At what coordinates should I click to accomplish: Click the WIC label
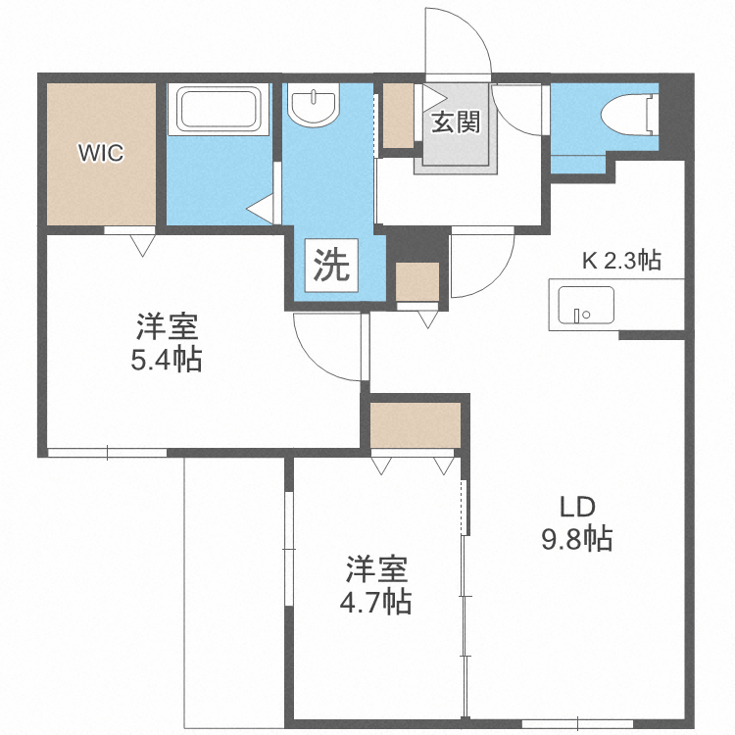point(103,152)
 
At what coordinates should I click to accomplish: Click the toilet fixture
point(631,116)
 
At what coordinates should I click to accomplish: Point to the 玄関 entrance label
point(455,123)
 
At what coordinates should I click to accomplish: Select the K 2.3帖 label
point(621,261)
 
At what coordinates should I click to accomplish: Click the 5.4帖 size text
point(167,361)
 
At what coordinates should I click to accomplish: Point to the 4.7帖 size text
point(376,601)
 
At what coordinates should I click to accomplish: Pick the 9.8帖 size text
point(577,538)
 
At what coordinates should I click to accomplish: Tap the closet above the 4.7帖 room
point(416,424)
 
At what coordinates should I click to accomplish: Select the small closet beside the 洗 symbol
point(416,282)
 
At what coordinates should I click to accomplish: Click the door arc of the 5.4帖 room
point(328,348)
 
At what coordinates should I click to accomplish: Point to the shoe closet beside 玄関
point(397,116)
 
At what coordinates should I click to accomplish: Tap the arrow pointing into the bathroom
point(258,209)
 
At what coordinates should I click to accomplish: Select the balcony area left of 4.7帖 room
point(235,588)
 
